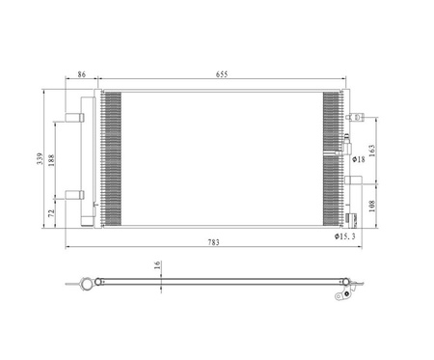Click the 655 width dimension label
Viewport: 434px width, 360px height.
pos(222,74)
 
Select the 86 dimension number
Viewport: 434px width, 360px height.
pos(82,74)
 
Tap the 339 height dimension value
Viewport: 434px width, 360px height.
pos(40,158)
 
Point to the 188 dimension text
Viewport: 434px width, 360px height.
pos(51,160)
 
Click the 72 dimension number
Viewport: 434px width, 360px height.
pos(51,212)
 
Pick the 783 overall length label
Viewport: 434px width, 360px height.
pos(213,242)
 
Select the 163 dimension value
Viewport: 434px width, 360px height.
pos(371,151)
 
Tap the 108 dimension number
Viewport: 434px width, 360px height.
pos(371,206)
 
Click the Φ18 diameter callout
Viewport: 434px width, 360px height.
pos(359,159)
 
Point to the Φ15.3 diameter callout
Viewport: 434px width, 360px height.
pos(344,236)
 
